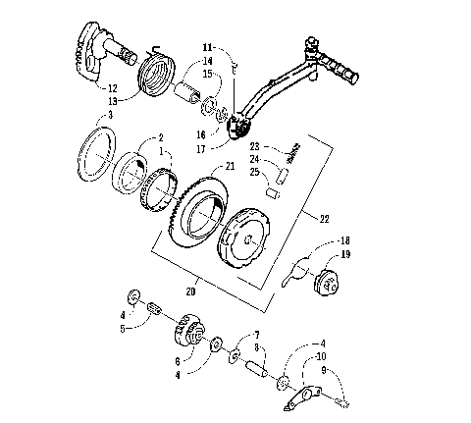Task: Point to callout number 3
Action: click(x=111, y=116)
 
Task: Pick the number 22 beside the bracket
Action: click(x=326, y=217)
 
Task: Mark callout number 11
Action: click(x=207, y=47)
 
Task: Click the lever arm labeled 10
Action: click(x=299, y=398)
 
